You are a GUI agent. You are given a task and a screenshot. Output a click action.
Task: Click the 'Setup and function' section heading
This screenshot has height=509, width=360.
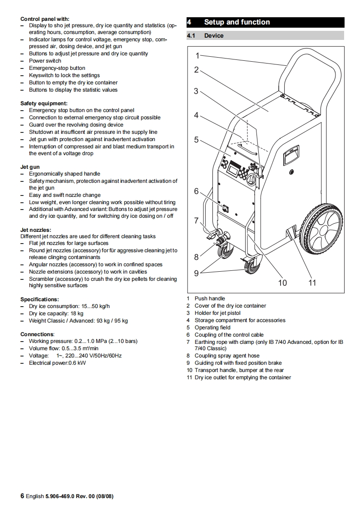[237, 22]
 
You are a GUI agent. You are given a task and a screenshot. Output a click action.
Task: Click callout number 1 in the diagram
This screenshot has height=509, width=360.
[197, 55]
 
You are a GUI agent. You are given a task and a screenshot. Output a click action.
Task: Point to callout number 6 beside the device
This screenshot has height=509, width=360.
[197, 191]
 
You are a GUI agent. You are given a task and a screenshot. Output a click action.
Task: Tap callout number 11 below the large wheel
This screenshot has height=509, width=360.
[312, 283]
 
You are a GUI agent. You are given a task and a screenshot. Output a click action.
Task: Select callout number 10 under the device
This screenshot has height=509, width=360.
[282, 283]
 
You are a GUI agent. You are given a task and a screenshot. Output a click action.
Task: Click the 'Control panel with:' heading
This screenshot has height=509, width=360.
[45, 19]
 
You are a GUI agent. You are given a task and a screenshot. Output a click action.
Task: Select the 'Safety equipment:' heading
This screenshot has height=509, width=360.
[44, 103]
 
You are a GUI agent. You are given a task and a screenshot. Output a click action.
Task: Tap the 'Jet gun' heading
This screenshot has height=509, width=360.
[30, 167]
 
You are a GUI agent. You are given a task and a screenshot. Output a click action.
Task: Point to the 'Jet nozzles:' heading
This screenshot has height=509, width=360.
[36, 230]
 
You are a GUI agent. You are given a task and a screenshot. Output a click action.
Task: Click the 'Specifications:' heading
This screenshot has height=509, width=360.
[39, 299]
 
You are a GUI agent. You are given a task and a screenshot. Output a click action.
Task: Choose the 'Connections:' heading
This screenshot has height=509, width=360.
[37, 334]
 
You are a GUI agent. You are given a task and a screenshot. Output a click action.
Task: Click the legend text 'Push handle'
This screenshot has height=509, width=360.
[210, 299]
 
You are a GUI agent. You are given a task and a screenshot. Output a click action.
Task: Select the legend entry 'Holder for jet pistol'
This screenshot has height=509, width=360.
[217, 313]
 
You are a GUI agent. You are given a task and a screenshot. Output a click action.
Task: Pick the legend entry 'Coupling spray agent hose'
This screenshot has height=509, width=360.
[227, 356]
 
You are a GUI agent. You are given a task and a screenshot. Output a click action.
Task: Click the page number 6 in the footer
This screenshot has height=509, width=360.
[22, 496]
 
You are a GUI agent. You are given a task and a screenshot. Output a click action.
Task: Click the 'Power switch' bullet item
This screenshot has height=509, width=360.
[45, 61]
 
